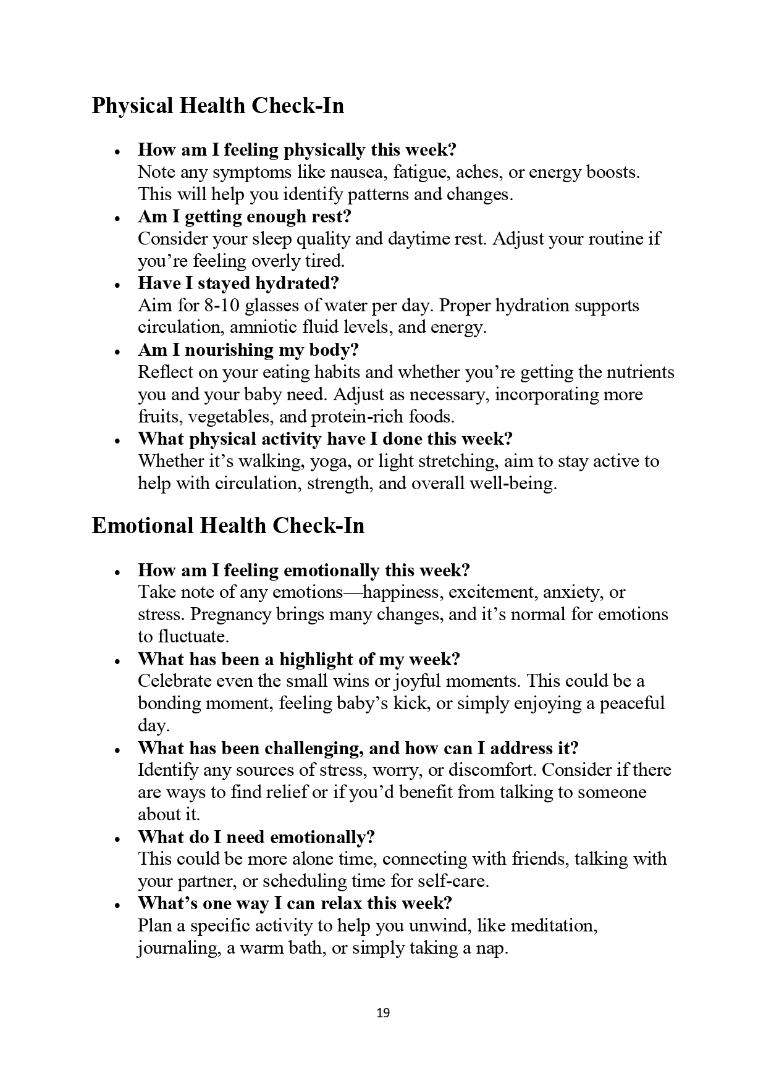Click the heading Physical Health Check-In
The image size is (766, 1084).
click(217, 106)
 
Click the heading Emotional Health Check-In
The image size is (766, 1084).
click(228, 526)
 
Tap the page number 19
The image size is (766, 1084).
click(383, 1012)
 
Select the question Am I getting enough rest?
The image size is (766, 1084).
click(245, 217)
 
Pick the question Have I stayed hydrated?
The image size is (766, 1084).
click(238, 284)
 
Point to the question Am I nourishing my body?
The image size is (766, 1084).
click(248, 350)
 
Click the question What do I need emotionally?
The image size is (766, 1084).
click(256, 837)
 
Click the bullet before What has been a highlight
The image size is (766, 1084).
click(117, 660)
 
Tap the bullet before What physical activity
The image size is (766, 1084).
click(117, 440)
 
